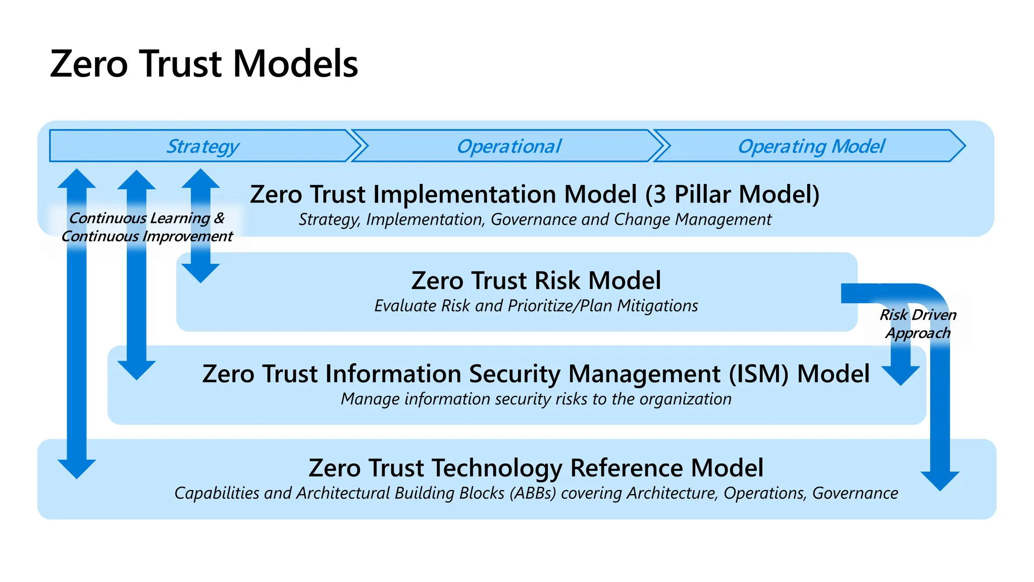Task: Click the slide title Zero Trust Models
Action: pos(204,64)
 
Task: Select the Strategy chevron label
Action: pos(202,147)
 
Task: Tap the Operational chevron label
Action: pos(508,147)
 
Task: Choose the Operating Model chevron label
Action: pos(811,147)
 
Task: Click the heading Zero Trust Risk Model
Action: pos(536,281)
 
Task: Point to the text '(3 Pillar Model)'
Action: pos(732,195)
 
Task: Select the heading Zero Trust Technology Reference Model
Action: pos(536,468)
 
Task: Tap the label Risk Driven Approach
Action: pos(918,324)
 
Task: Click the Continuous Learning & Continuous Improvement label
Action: pos(147,227)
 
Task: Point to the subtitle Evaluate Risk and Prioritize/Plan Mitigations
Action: pos(536,306)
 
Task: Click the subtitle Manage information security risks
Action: pos(536,399)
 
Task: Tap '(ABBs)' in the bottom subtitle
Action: pos(533,493)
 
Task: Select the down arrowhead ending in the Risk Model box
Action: pos(200,273)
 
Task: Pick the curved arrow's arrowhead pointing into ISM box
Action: pos(901,375)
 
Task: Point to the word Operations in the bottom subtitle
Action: pos(764,493)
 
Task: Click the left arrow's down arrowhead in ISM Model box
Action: pos(136,370)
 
